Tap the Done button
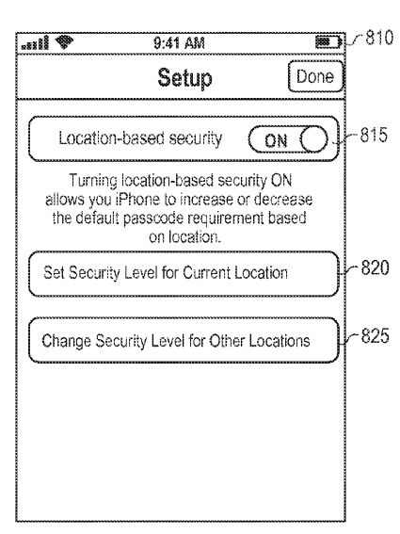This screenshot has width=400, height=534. [x=315, y=76]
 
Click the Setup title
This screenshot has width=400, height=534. [x=184, y=78]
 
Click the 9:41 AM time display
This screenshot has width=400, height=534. [x=179, y=43]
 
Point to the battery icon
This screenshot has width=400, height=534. [x=328, y=42]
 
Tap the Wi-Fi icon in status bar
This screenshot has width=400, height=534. [x=64, y=41]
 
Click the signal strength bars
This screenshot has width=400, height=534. [x=35, y=43]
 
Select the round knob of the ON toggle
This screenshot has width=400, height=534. [x=313, y=139]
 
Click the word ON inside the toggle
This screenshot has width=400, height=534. [x=276, y=140]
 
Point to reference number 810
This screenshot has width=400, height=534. [x=379, y=38]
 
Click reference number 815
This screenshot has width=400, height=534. [x=374, y=135]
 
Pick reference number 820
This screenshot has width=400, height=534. [x=375, y=267]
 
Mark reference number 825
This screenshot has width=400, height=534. [x=375, y=335]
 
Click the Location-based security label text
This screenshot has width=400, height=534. [x=140, y=138]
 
